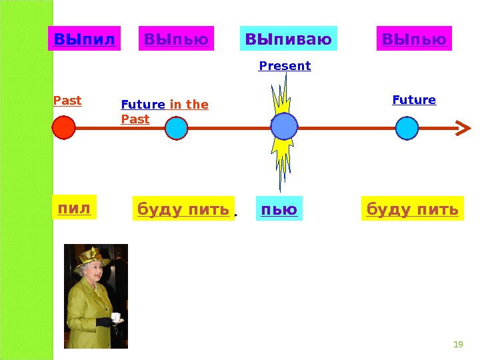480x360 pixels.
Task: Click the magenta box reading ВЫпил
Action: click(84, 39)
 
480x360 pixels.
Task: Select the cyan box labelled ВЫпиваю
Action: click(289, 39)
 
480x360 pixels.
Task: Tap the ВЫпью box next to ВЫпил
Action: click(176, 39)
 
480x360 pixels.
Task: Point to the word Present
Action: click(285, 66)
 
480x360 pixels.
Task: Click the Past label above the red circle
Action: click(67, 101)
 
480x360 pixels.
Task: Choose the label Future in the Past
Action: click(165, 112)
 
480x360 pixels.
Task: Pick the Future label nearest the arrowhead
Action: click(414, 100)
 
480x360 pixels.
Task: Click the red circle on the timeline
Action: click(63, 127)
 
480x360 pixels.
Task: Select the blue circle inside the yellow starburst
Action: click(284, 126)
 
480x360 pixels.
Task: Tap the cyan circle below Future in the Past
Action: click(176, 128)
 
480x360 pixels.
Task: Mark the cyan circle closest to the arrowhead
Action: click(407, 127)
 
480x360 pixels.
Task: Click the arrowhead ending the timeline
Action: click(462, 127)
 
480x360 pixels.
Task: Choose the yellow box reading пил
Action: click(74, 207)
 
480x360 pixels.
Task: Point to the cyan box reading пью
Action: click(279, 209)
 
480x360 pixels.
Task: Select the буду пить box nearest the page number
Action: click(413, 209)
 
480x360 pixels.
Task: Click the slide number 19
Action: click(457, 345)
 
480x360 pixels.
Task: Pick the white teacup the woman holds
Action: click(115, 317)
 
